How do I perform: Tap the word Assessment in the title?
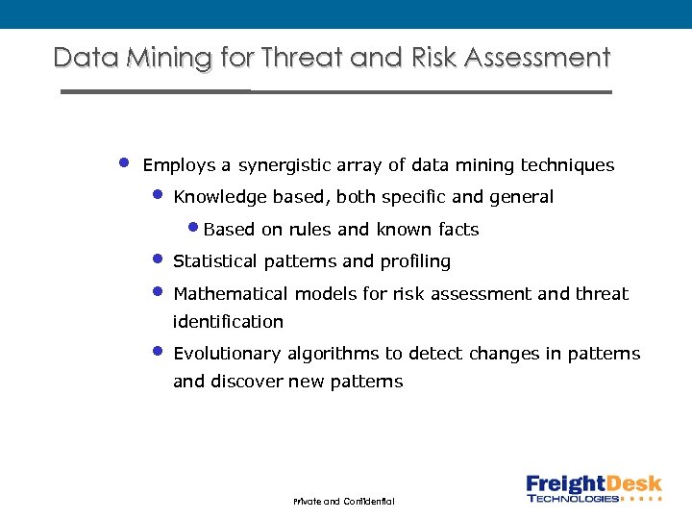coord(537,58)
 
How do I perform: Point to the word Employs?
coord(179,165)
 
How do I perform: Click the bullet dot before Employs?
coord(124,161)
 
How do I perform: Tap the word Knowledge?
coord(220,197)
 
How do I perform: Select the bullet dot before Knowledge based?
coord(159,194)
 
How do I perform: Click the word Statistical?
coord(215,261)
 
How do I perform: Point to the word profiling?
coord(415,261)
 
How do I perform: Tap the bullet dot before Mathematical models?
coord(159,290)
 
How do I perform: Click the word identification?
coord(228,322)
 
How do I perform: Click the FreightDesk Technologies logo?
coord(594,488)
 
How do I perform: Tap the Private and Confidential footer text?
coord(343,502)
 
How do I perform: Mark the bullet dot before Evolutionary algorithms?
coord(159,351)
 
